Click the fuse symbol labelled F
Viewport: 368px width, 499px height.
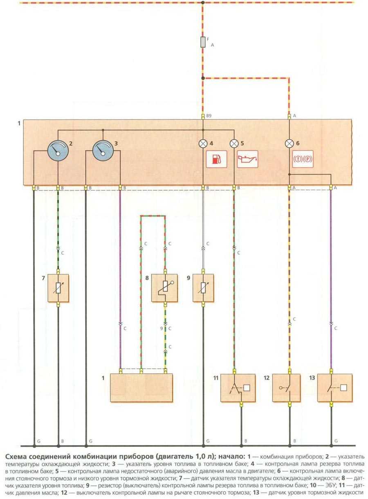(x=203, y=42)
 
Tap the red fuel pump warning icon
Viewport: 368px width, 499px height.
(x=217, y=159)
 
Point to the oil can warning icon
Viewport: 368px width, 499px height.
(x=248, y=159)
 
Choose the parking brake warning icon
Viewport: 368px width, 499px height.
(x=303, y=159)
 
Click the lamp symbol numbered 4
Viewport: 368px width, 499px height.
(x=203, y=144)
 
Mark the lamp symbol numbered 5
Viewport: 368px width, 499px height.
(x=234, y=144)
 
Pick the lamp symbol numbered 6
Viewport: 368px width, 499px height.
(x=289, y=144)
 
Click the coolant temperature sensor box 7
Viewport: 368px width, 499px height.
(x=58, y=288)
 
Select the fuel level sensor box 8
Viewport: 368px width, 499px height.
(x=165, y=288)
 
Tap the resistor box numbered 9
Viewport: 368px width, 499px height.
(x=203, y=288)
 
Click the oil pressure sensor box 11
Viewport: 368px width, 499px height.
(x=238, y=387)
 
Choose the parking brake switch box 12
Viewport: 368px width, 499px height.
(x=289, y=387)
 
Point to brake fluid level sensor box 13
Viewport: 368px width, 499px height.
(x=335, y=387)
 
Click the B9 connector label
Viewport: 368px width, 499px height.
(x=209, y=116)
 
